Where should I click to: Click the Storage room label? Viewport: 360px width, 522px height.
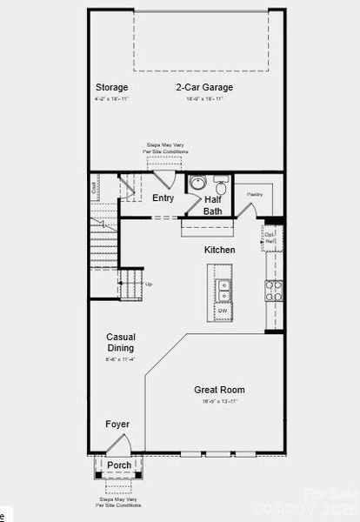coord(112,87)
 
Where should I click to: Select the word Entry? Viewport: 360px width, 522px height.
coord(163,197)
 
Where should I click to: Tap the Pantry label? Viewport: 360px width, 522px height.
coord(255,194)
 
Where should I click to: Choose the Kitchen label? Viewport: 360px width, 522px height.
coord(220,251)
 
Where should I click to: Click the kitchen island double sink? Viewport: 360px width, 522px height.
coord(223,290)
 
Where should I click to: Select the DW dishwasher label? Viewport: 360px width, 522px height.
coord(223,311)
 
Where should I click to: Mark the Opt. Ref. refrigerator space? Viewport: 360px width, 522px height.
coord(270,236)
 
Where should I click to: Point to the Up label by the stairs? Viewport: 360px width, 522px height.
coord(149,284)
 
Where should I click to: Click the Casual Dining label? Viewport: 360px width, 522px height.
coord(121,342)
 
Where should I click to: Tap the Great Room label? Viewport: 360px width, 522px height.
coord(219,390)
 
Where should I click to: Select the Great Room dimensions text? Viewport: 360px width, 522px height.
coord(219,402)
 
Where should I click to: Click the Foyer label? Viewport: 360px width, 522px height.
coord(117,425)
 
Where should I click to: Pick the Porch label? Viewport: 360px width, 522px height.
coord(119,465)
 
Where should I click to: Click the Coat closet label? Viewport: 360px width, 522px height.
coord(94,185)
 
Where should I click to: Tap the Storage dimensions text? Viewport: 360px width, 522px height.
coord(112,99)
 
